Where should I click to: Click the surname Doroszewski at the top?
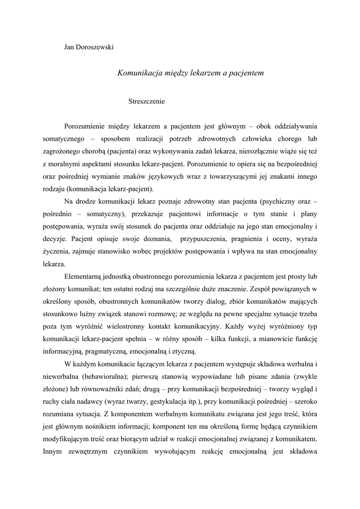[x=96, y=47]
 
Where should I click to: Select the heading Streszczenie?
[x=146, y=101]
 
